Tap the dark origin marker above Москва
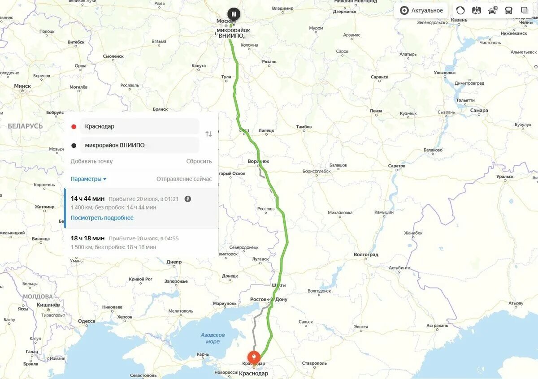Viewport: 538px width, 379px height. [x=234, y=14]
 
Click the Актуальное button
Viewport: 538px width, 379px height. [x=421, y=11]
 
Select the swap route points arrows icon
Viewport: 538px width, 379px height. [x=208, y=134]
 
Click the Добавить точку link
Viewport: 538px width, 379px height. [x=91, y=161]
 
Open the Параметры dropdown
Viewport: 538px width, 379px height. [x=88, y=179]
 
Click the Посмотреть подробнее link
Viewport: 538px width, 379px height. [x=102, y=218]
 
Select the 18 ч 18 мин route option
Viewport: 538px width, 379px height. [x=87, y=238]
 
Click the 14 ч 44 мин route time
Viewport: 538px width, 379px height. [x=87, y=198]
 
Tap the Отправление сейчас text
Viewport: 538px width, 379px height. [x=184, y=179]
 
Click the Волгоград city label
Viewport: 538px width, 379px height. [x=366, y=254]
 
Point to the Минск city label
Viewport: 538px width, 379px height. [x=22, y=86]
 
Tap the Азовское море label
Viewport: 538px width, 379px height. [x=213, y=338]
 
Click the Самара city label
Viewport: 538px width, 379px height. [x=479, y=110]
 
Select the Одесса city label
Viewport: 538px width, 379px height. [x=86, y=321]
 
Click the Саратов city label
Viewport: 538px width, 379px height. [x=396, y=166]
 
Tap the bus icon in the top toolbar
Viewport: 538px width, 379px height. [x=508, y=11]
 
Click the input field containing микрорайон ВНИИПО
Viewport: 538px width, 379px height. [x=140, y=145]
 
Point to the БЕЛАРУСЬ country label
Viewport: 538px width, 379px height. [x=25, y=126]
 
